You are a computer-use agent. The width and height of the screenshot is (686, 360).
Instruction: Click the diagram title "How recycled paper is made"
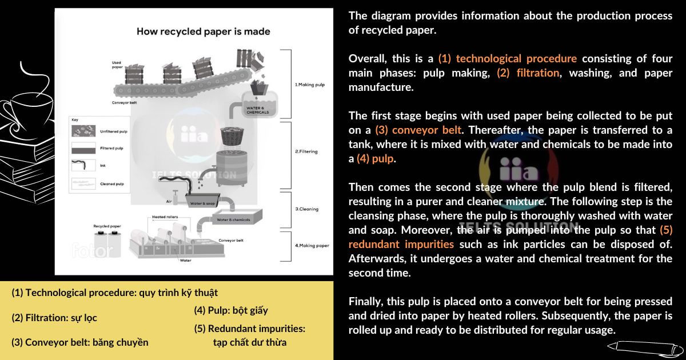click(203, 31)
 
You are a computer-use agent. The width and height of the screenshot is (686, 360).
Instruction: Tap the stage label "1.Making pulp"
click(310, 85)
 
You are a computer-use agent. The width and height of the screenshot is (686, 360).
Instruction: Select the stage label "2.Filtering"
click(306, 151)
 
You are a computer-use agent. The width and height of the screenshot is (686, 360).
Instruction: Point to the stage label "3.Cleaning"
click(306, 209)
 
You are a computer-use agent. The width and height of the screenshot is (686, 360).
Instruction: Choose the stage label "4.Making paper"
click(312, 246)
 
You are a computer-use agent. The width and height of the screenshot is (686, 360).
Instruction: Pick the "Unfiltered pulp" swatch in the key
click(83, 131)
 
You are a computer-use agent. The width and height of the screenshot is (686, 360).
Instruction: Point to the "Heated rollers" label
click(165, 218)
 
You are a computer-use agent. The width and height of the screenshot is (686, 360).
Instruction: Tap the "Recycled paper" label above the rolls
click(107, 226)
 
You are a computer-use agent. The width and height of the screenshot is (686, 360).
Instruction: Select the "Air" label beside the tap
click(169, 202)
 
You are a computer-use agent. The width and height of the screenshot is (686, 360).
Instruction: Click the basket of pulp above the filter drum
click(232, 138)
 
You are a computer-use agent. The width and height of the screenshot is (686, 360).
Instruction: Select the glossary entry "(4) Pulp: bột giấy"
click(231, 311)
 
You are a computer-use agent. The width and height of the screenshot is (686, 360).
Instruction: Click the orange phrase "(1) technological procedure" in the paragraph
click(508, 58)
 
